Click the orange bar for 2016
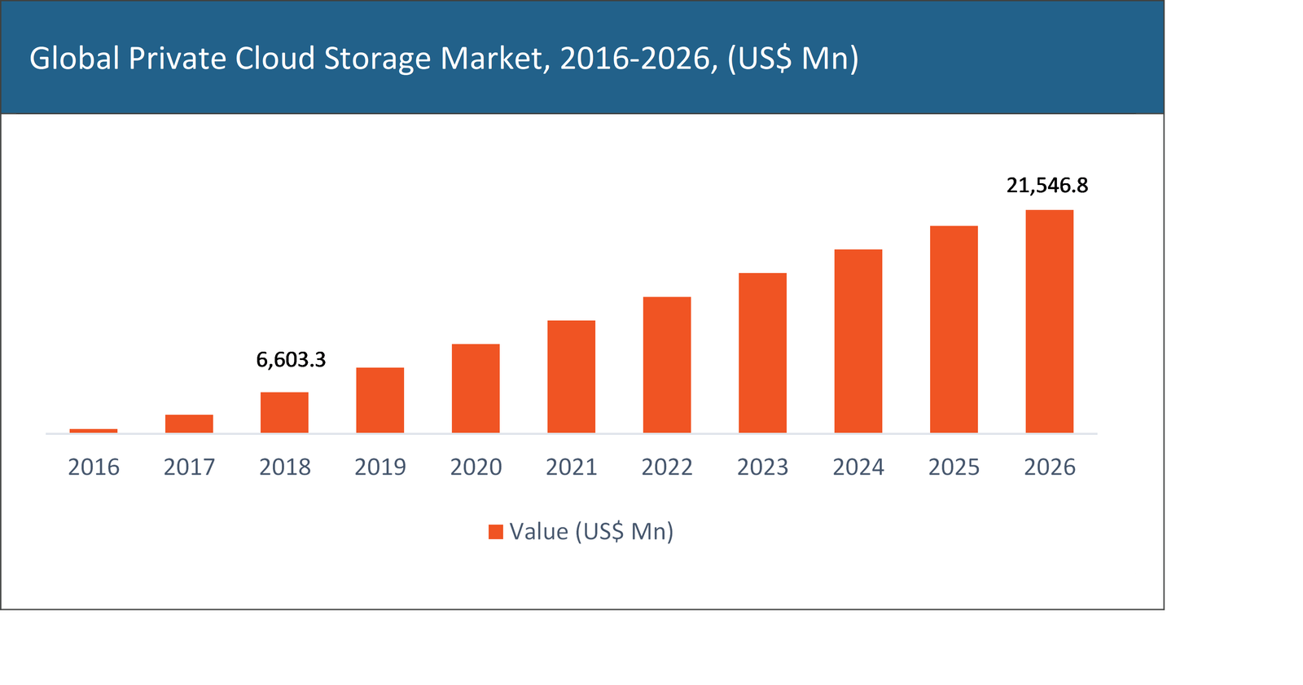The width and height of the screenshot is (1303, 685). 94,430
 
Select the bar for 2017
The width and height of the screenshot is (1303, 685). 189,424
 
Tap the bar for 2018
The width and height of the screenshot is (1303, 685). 284,412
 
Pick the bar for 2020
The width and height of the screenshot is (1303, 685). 476,389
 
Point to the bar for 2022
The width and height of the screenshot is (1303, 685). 667,365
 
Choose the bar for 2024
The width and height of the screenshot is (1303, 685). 858,341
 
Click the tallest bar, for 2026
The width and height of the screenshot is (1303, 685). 1049,322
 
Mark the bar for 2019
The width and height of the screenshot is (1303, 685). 380,400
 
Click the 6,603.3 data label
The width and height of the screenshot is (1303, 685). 291,359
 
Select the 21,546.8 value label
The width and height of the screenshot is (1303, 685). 1047,186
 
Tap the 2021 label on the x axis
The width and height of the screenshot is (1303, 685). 572,467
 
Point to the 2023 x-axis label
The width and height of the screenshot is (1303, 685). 763,467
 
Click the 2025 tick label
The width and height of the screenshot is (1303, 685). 954,467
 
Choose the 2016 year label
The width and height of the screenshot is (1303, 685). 94,467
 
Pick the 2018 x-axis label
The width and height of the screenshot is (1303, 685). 285,467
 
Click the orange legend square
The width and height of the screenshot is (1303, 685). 495,532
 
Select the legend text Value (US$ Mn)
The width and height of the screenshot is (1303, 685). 592,532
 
